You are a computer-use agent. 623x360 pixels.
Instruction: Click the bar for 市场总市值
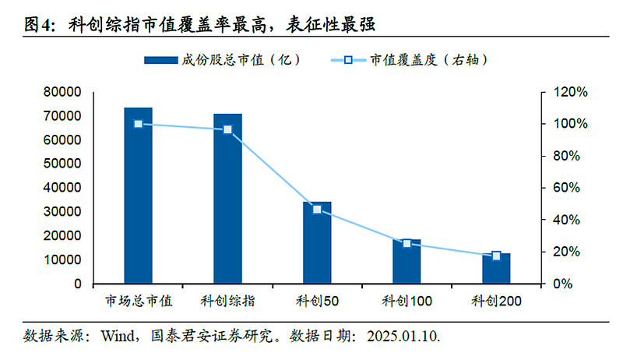(139, 196)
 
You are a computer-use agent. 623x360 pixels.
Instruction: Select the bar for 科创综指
(227, 199)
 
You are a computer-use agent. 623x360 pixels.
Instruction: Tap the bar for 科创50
(317, 242)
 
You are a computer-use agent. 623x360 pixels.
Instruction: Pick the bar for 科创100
(407, 262)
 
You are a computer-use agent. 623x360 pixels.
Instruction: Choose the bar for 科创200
(496, 268)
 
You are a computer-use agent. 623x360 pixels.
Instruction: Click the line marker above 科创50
(317, 210)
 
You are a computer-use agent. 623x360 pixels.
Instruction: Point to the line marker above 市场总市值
(139, 124)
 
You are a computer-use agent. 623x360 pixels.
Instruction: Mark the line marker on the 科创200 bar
(496, 256)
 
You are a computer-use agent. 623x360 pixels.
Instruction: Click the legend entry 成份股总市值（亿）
(222, 60)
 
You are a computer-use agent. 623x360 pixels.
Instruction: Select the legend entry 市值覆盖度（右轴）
(416, 60)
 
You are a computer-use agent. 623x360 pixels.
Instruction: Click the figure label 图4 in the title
(39, 24)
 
